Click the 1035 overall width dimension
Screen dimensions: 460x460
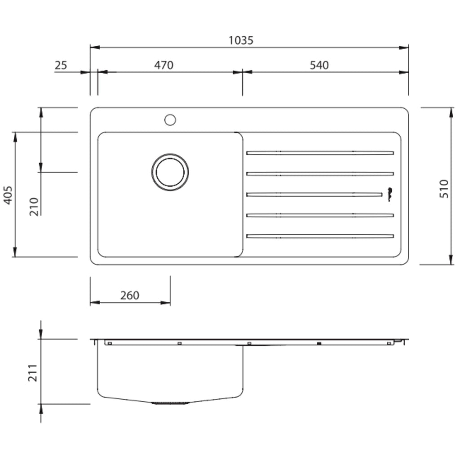241,40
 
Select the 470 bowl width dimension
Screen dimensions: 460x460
164,65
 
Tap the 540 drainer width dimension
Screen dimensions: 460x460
319,65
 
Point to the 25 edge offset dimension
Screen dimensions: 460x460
61,65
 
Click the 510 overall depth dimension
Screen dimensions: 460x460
444,189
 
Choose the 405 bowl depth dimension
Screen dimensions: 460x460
8,195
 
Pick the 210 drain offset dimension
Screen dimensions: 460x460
34,207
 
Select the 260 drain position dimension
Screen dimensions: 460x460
130,295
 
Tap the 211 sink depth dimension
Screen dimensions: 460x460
32,373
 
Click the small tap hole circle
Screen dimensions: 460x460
170,119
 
